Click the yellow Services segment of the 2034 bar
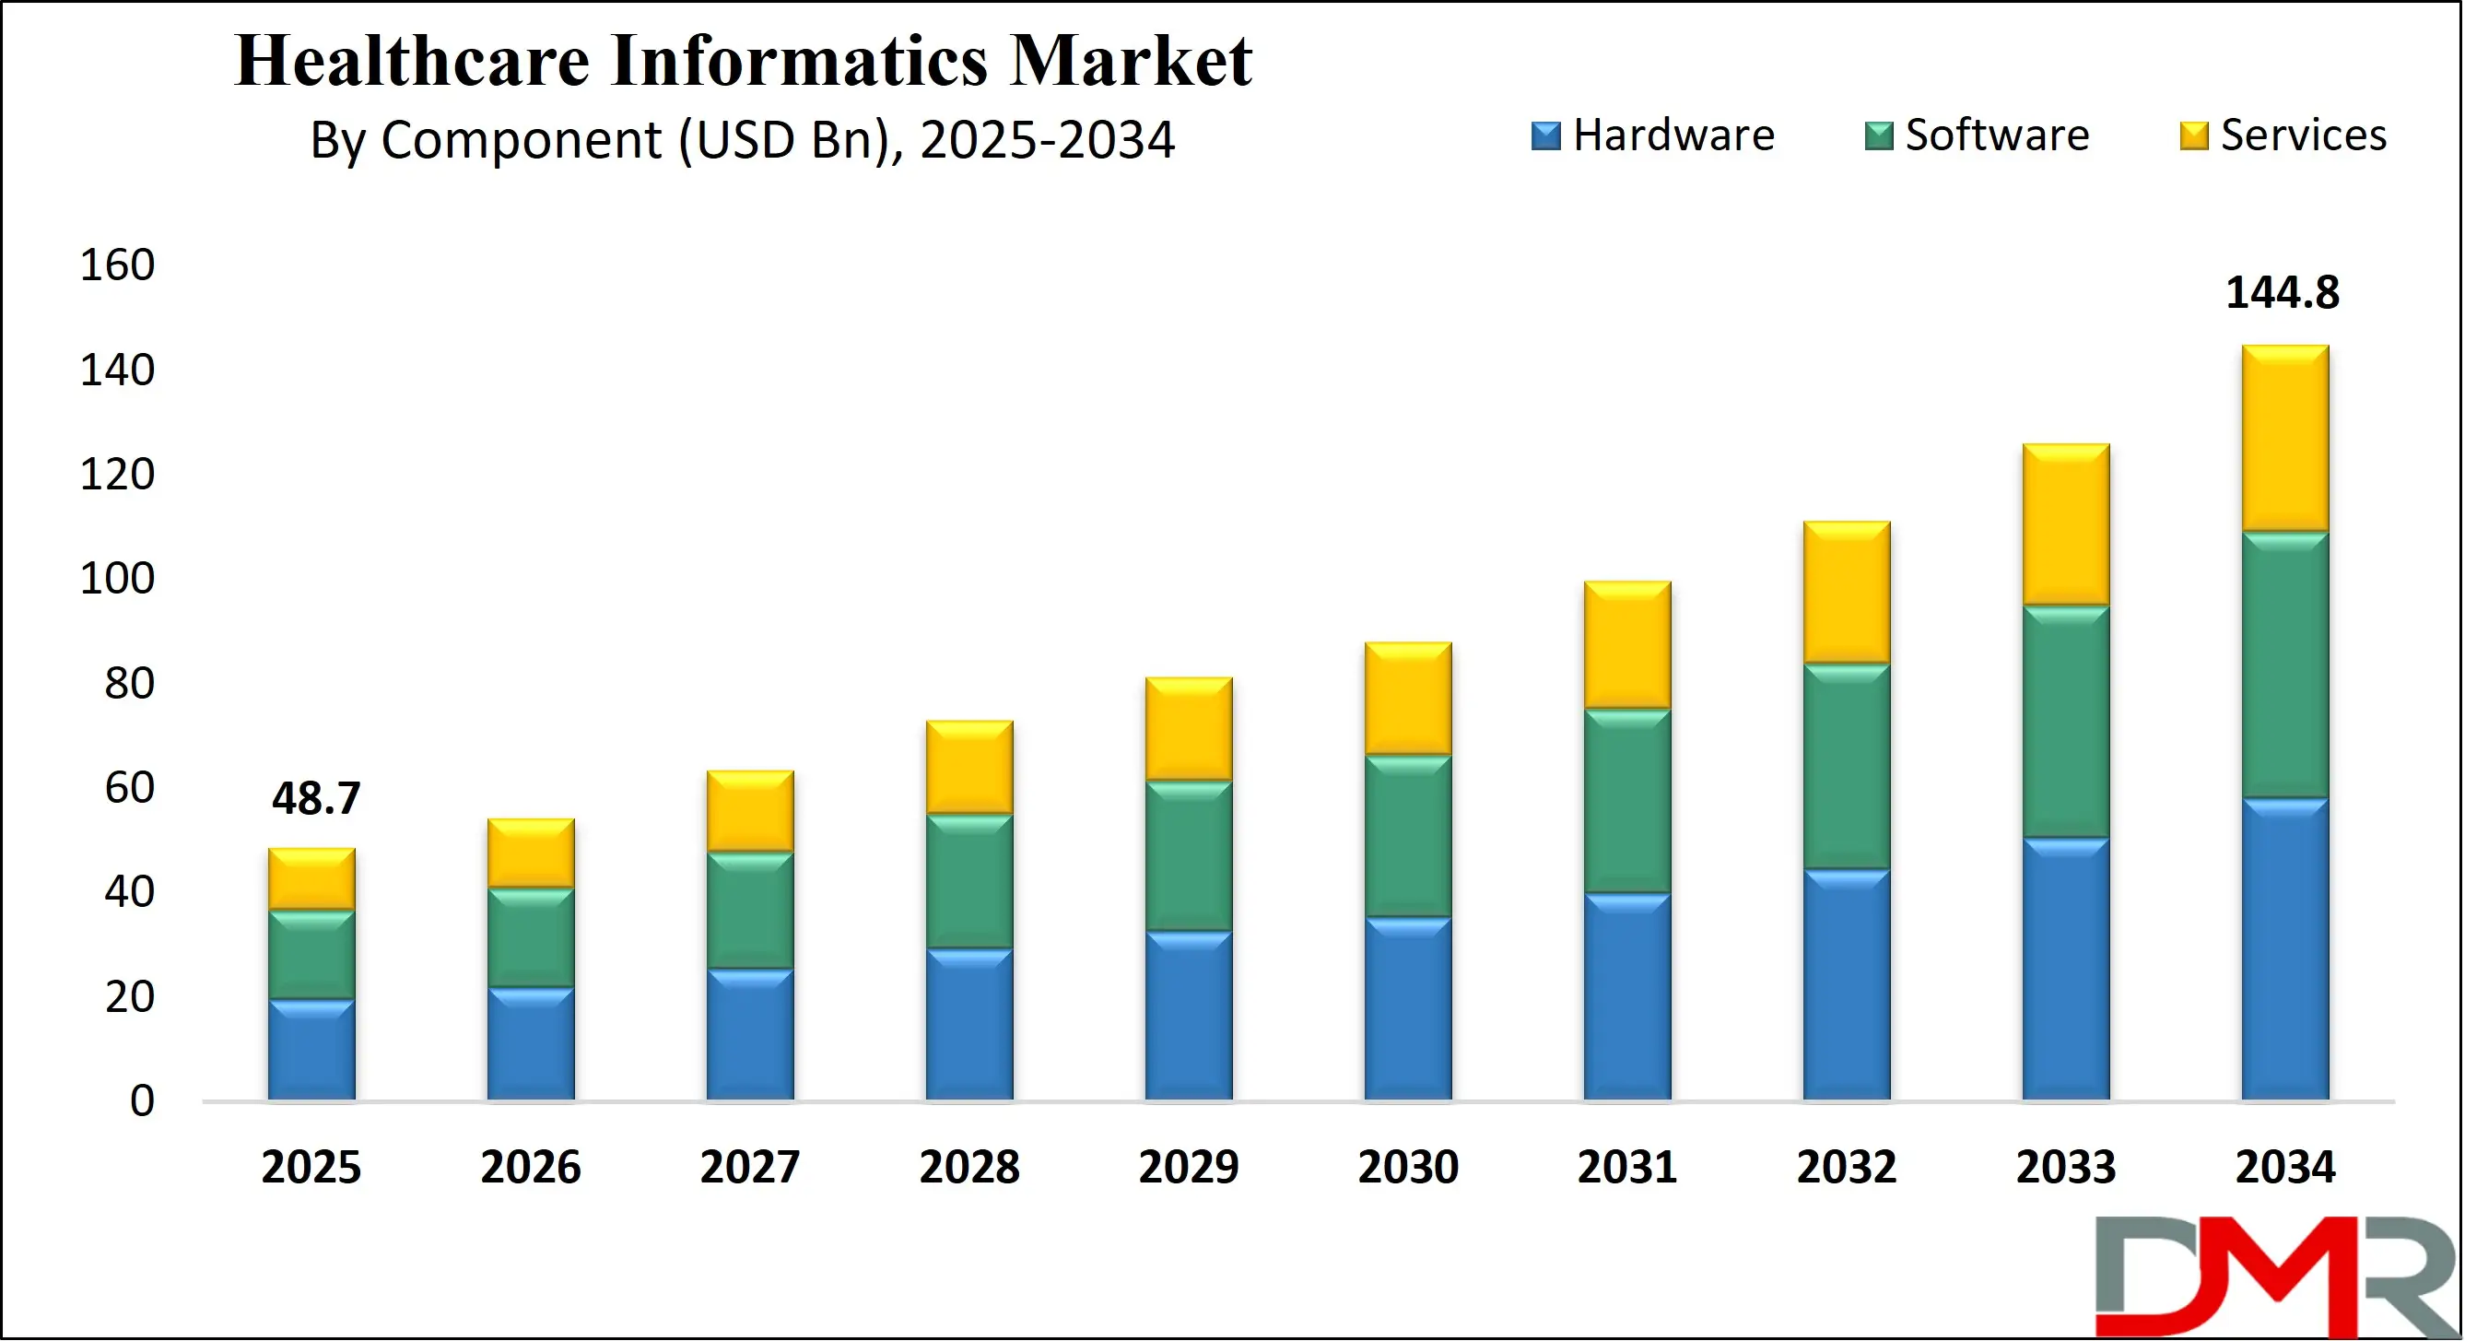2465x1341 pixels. pyautogui.click(x=2284, y=439)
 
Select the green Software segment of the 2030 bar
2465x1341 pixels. pyautogui.click(x=1408, y=836)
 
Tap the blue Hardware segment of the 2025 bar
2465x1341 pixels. pyautogui.click(x=311, y=1049)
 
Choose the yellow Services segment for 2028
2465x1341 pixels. pyautogui.click(x=969, y=768)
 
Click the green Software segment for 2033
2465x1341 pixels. pyautogui.click(x=2065, y=722)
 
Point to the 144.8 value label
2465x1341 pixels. pyautogui.click(x=2282, y=293)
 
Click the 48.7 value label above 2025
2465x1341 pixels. pyautogui.click(x=316, y=798)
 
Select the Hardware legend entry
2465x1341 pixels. pyautogui.click(x=1652, y=135)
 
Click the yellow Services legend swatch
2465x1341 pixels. pyautogui.click(x=2192, y=135)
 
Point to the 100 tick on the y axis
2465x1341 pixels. pyautogui.click(x=117, y=578)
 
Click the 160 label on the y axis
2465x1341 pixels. pyautogui.click(x=117, y=265)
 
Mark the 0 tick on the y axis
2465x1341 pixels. pyautogui.click(x=142, y=1100)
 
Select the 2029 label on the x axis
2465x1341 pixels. pyautogui.click(x=1189, y=1167)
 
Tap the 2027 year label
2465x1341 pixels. pyautogui.click(x=749, y=1167)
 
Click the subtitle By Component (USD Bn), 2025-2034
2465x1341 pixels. pyautogui.click(x=742, y=141)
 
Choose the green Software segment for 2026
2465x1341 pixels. pyautogui.click(x=530, y=937)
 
